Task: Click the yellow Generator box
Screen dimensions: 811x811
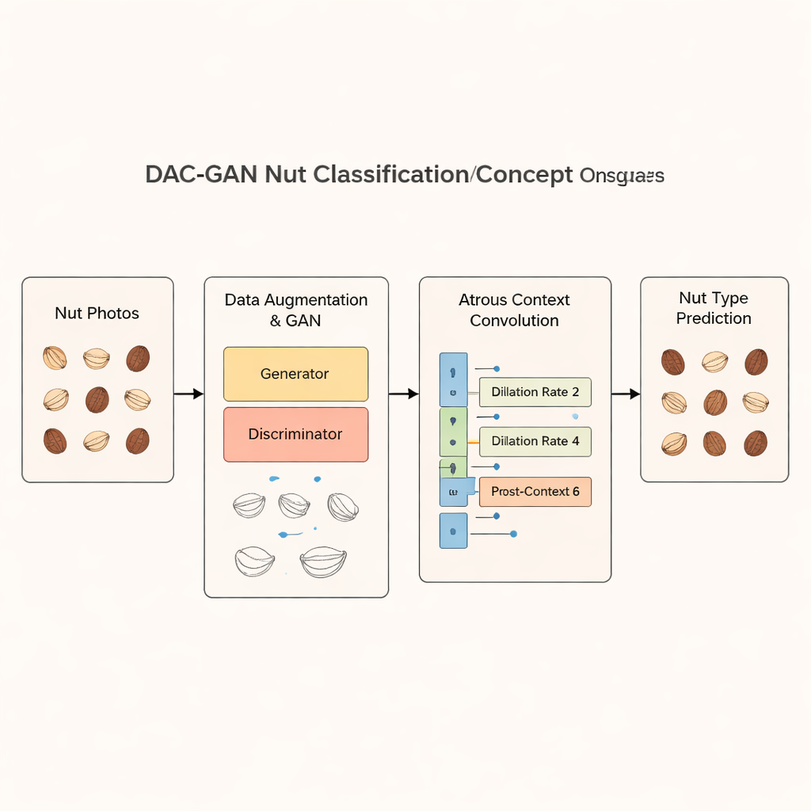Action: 295,374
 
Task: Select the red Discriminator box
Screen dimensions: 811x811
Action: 295,434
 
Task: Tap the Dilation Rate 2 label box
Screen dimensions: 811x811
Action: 535,392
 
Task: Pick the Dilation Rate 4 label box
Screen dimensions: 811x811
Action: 535,441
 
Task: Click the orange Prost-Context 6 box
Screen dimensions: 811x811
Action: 535,492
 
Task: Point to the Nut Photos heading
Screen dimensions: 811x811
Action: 97,314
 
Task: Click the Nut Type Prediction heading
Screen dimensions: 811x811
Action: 714,308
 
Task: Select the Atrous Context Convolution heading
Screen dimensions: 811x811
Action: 514,310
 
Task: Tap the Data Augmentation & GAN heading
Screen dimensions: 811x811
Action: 295,310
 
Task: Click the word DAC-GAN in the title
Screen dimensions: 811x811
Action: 201,175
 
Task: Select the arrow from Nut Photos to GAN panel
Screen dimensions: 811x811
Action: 188,394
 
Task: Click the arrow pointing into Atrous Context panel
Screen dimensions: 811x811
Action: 403,394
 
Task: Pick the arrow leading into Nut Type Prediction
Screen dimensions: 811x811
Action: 625,394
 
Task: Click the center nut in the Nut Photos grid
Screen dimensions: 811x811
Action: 97,399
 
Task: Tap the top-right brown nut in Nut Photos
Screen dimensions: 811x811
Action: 138,358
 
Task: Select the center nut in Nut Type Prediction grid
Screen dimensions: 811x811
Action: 714,402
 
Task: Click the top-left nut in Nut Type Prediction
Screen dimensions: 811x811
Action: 672,362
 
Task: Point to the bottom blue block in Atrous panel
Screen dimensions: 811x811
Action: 453,530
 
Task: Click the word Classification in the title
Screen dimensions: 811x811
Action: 390,175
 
